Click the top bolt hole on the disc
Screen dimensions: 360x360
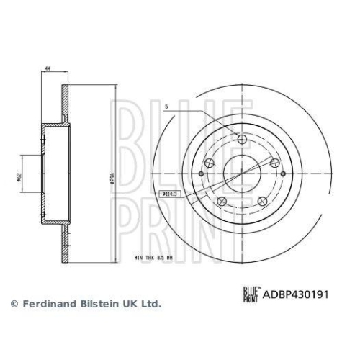click(x=242, y=139)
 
